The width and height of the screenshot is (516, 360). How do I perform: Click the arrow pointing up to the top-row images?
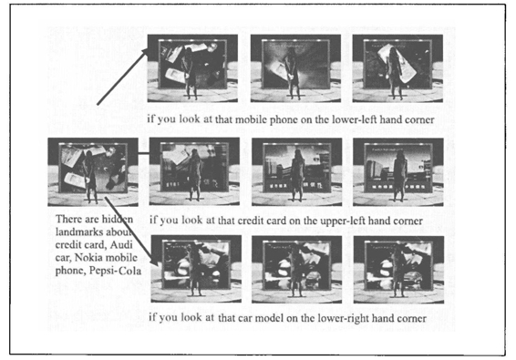coord(122,77)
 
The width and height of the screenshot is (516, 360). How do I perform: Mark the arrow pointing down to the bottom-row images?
coord(129,231)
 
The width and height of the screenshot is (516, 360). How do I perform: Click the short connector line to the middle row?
coord(144,153)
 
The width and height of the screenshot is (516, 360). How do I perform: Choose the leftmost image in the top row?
coord(192,68)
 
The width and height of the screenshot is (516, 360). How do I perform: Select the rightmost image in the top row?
coord(397,68)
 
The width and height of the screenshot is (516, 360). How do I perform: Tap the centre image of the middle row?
coord(297,171)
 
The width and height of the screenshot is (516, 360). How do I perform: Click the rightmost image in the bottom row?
coord(398,270)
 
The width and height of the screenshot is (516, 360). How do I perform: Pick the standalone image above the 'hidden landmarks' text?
coord(93,172)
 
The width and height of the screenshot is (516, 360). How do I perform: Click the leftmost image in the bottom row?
coord(196,269)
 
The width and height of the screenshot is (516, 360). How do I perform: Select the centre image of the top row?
coord(295,68)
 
